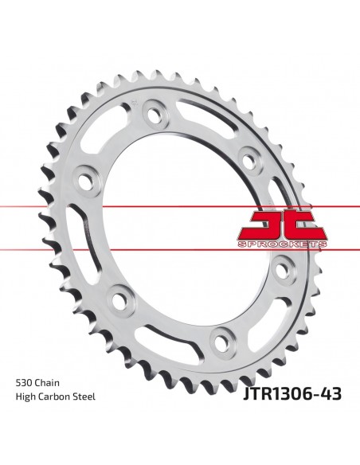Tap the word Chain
pos(47,382)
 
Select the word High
pos(25,397)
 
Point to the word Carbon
pos(53,397)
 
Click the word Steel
pos(84,397)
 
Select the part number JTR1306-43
pos(292,394)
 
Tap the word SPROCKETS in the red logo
pos(282,244)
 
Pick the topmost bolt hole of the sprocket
pos(154,114)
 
